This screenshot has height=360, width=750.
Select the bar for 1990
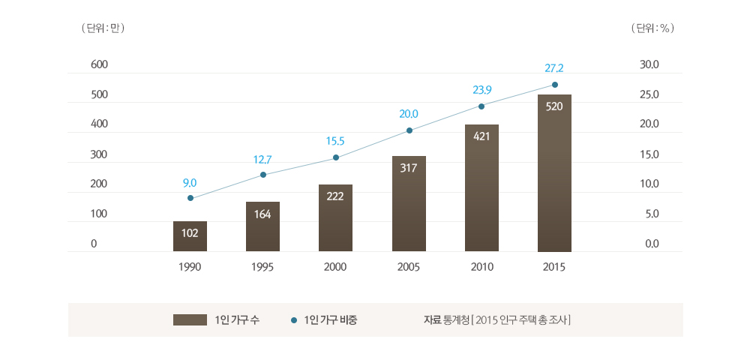coord(190,236)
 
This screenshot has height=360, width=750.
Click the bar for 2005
coord(409,204)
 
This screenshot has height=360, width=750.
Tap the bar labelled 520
coord(554,173)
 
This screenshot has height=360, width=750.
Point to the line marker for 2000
coord(336,157)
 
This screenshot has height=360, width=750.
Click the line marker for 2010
coord(481,106)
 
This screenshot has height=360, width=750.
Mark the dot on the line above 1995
coord(263,175)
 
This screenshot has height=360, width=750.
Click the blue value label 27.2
coord(554,68)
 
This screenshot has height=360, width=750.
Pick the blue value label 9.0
coord(190,182)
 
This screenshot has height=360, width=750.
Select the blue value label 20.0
coord(409,114)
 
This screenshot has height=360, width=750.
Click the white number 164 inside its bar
coord(262,214)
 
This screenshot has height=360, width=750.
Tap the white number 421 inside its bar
coord(481,136)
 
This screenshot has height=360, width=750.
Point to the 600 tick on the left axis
coord(100,64)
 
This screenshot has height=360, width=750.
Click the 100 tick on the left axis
coord(100,214)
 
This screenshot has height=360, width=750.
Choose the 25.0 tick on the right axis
coord(649,95)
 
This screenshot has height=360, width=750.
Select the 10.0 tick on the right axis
coord(649,184)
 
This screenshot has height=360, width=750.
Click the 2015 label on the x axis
coord(554,266)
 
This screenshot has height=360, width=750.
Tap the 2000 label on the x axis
coord(335,266)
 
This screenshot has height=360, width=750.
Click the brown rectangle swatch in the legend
coord(190,320)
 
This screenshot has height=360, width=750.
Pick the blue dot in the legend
coord(294,321)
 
